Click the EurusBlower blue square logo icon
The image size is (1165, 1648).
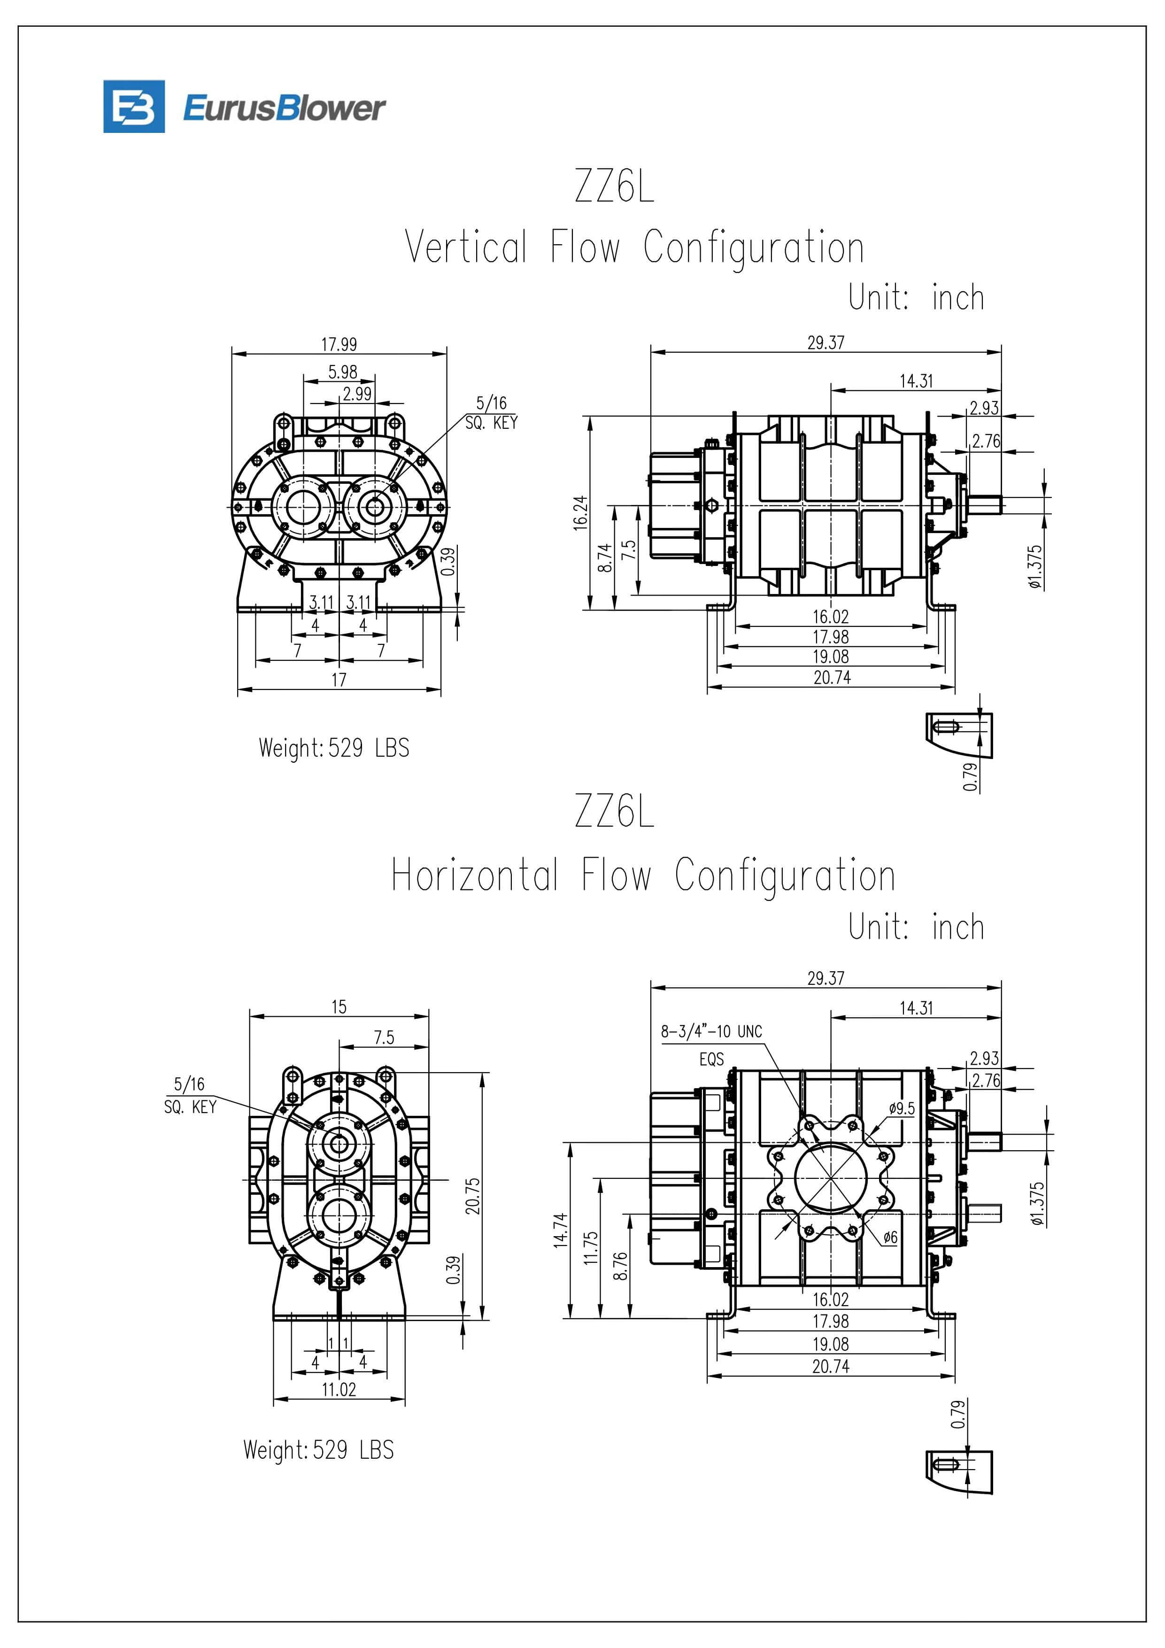click(x=133, y=106)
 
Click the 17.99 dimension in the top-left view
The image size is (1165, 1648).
click(x=339, y=345)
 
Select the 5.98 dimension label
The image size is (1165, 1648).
click(x=342, y=372)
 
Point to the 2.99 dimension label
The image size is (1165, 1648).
click(x=357, y=394)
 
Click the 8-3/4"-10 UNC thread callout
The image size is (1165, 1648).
click(x=710, y=1031)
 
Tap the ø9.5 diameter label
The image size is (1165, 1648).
click(x=902, y=1107)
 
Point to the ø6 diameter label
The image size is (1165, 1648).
click(x=890, y=1237)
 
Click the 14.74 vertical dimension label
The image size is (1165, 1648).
click(x=561, y=1230)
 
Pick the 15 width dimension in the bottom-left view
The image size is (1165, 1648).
click(x=339, y=1006)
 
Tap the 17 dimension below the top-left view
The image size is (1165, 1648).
click(x=339, y=679)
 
